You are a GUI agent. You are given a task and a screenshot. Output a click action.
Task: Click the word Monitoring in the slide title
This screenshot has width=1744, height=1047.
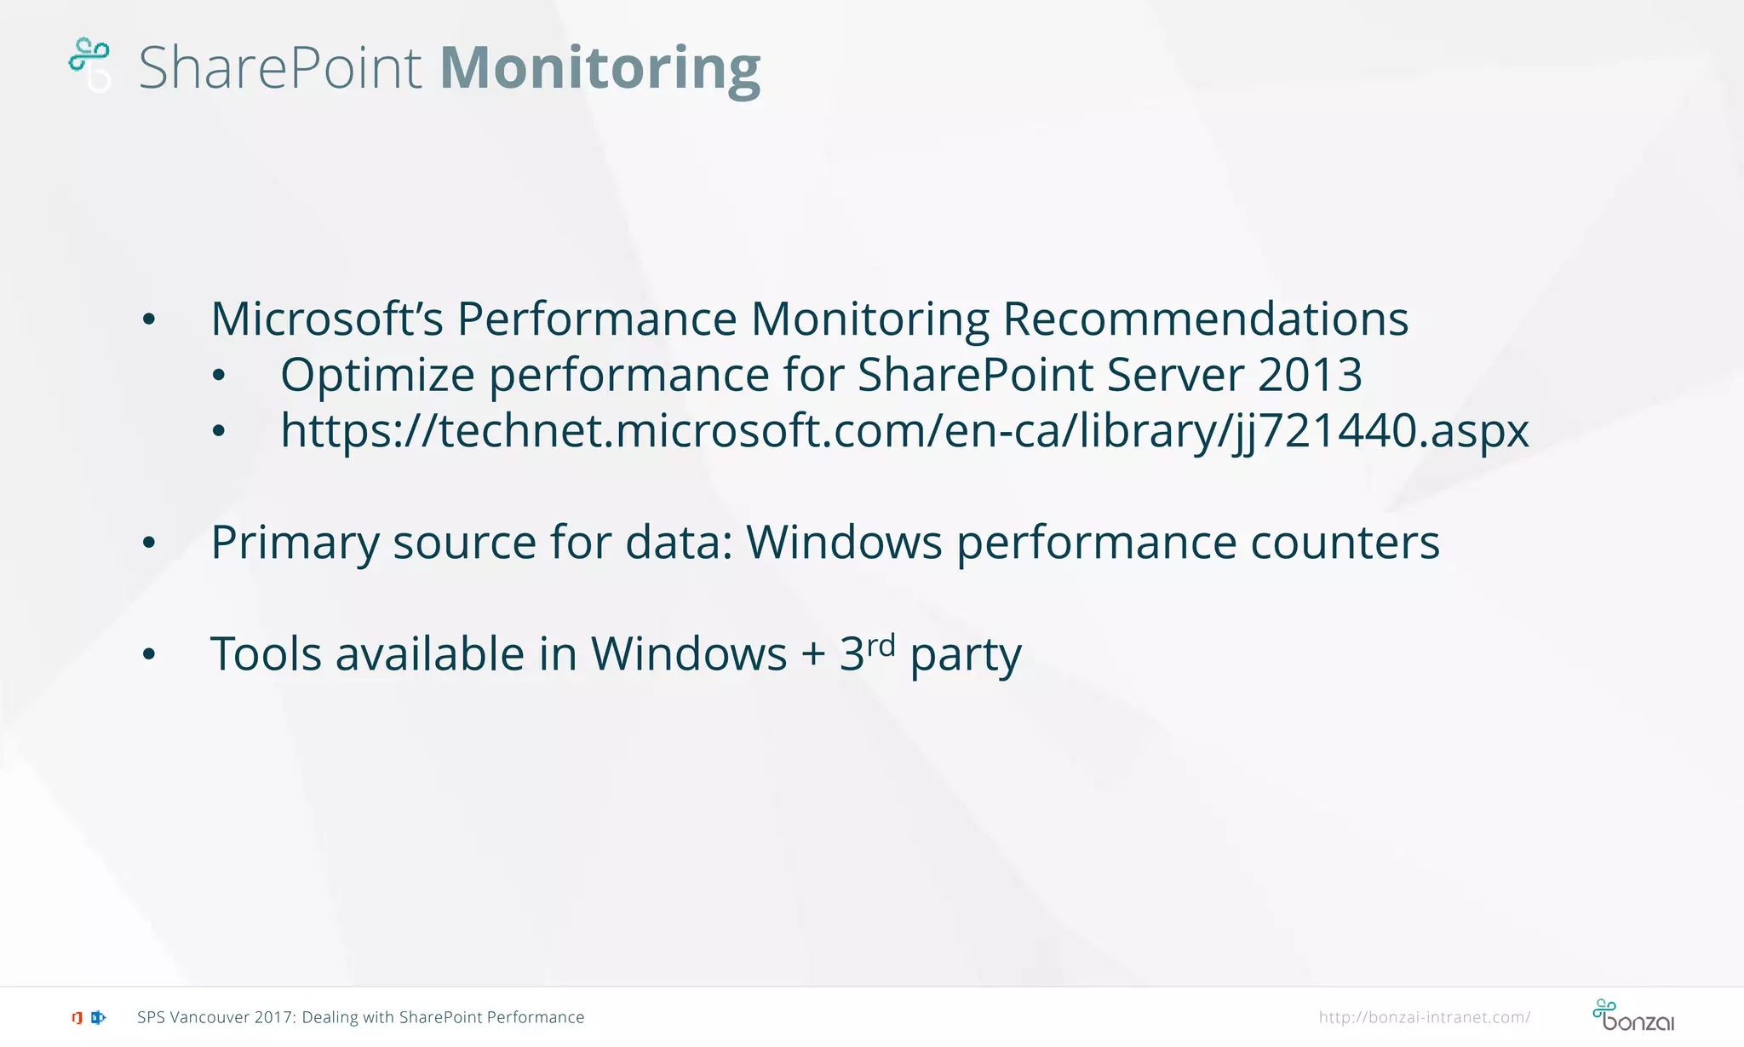click(x=599, y=68)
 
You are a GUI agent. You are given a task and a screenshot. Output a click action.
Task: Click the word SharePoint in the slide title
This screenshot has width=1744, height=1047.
click(x=279, y=68)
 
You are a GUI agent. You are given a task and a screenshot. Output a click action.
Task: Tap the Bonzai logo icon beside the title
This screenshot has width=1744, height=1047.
click(x=90, y=63)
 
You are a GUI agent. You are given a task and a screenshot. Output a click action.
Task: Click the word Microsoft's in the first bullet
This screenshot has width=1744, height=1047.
click(x=326, y=319)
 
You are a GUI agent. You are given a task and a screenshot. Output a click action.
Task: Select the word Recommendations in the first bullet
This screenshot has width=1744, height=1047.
click(x=1205, y=319)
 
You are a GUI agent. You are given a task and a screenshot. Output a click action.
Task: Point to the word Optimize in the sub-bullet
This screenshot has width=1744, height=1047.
click(x=376, y=376)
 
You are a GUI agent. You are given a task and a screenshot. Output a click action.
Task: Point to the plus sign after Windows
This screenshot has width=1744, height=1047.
click(x=813, y=655)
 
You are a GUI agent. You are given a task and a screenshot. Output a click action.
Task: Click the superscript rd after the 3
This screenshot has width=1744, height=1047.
click(x=881, y=645)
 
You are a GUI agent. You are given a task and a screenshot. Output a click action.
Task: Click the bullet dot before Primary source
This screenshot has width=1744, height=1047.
click(x=149, y=543)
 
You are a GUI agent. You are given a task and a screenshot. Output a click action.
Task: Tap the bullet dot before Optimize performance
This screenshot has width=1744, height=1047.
click(x=219, y=376)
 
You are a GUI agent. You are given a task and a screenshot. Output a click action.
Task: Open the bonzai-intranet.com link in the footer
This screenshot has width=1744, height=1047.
click(x=1424, y=1017)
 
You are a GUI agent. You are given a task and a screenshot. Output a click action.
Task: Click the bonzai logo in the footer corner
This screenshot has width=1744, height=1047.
click(x=1632, y=1015)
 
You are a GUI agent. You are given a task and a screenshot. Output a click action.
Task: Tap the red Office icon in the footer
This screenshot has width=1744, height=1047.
click(x=77, y=1017)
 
